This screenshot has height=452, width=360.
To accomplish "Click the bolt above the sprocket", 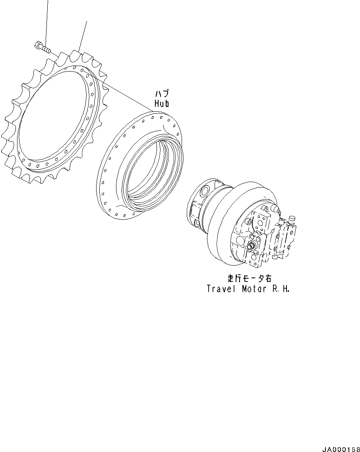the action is (x=42, y=48).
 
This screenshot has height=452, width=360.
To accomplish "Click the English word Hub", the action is (x=162, y=103).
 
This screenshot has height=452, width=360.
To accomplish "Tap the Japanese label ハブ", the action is (x=162, y=93).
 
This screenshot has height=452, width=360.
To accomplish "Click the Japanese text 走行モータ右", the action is (x=249, y=278).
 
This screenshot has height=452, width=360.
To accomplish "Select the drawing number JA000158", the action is (x=341, y=449).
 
